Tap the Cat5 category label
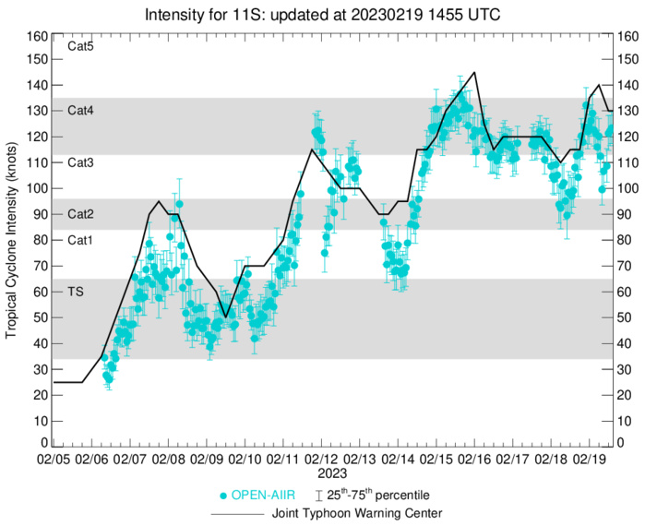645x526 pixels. (81, 45)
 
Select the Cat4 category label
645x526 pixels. (81, 110)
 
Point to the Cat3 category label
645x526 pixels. (81, 162)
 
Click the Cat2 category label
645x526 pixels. (81, 213)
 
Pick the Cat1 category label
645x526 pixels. (81, 240)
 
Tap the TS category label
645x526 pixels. (78, 291)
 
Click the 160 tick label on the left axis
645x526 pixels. (37, 37)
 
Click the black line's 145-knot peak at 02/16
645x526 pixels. (474, 72)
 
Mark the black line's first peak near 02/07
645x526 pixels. (159, 201)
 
